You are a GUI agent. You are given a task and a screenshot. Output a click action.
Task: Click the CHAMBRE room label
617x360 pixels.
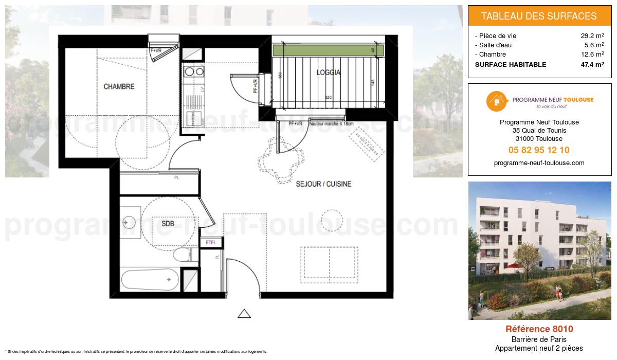[x=119, y=87]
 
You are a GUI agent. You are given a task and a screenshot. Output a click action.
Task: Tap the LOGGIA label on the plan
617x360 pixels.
[x=329, y=73]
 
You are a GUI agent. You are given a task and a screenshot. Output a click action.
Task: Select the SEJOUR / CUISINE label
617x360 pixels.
[x=323, y=184]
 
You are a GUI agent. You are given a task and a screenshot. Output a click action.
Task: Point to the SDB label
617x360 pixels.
[x=168, y=224]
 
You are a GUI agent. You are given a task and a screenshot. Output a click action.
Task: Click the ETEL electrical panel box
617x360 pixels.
[x=211, y=243]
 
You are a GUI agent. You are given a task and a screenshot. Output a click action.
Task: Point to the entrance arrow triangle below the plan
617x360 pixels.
[x=244, y=313]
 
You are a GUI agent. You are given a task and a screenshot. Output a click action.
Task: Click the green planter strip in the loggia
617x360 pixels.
[x=328, y=50]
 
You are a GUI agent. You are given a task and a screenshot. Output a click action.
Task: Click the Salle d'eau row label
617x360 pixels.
[x=495, y=45]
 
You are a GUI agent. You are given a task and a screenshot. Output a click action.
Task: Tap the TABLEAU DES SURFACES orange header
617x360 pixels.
[x=539, y=16]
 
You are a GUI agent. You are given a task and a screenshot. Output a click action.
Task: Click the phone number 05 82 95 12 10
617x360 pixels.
[x=539, y=150]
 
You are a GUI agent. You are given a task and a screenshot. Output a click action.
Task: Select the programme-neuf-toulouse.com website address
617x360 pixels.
[x=539, y=163]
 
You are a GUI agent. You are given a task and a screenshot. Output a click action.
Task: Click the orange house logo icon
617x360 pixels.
[x=495, y=101]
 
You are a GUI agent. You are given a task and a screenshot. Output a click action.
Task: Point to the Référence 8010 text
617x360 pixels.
[x=539, y=329]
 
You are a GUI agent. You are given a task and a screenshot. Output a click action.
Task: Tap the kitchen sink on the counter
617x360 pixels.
[x=193, y=72]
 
